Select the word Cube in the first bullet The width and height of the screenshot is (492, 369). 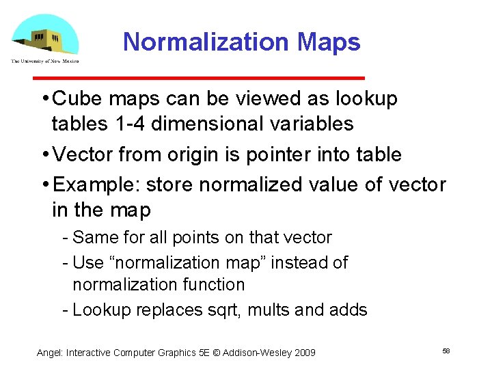coord(74,99)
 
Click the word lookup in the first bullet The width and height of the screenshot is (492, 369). coord(366,99)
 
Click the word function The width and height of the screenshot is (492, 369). coord(211,284)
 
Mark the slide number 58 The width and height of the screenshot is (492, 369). coord(446,351)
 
